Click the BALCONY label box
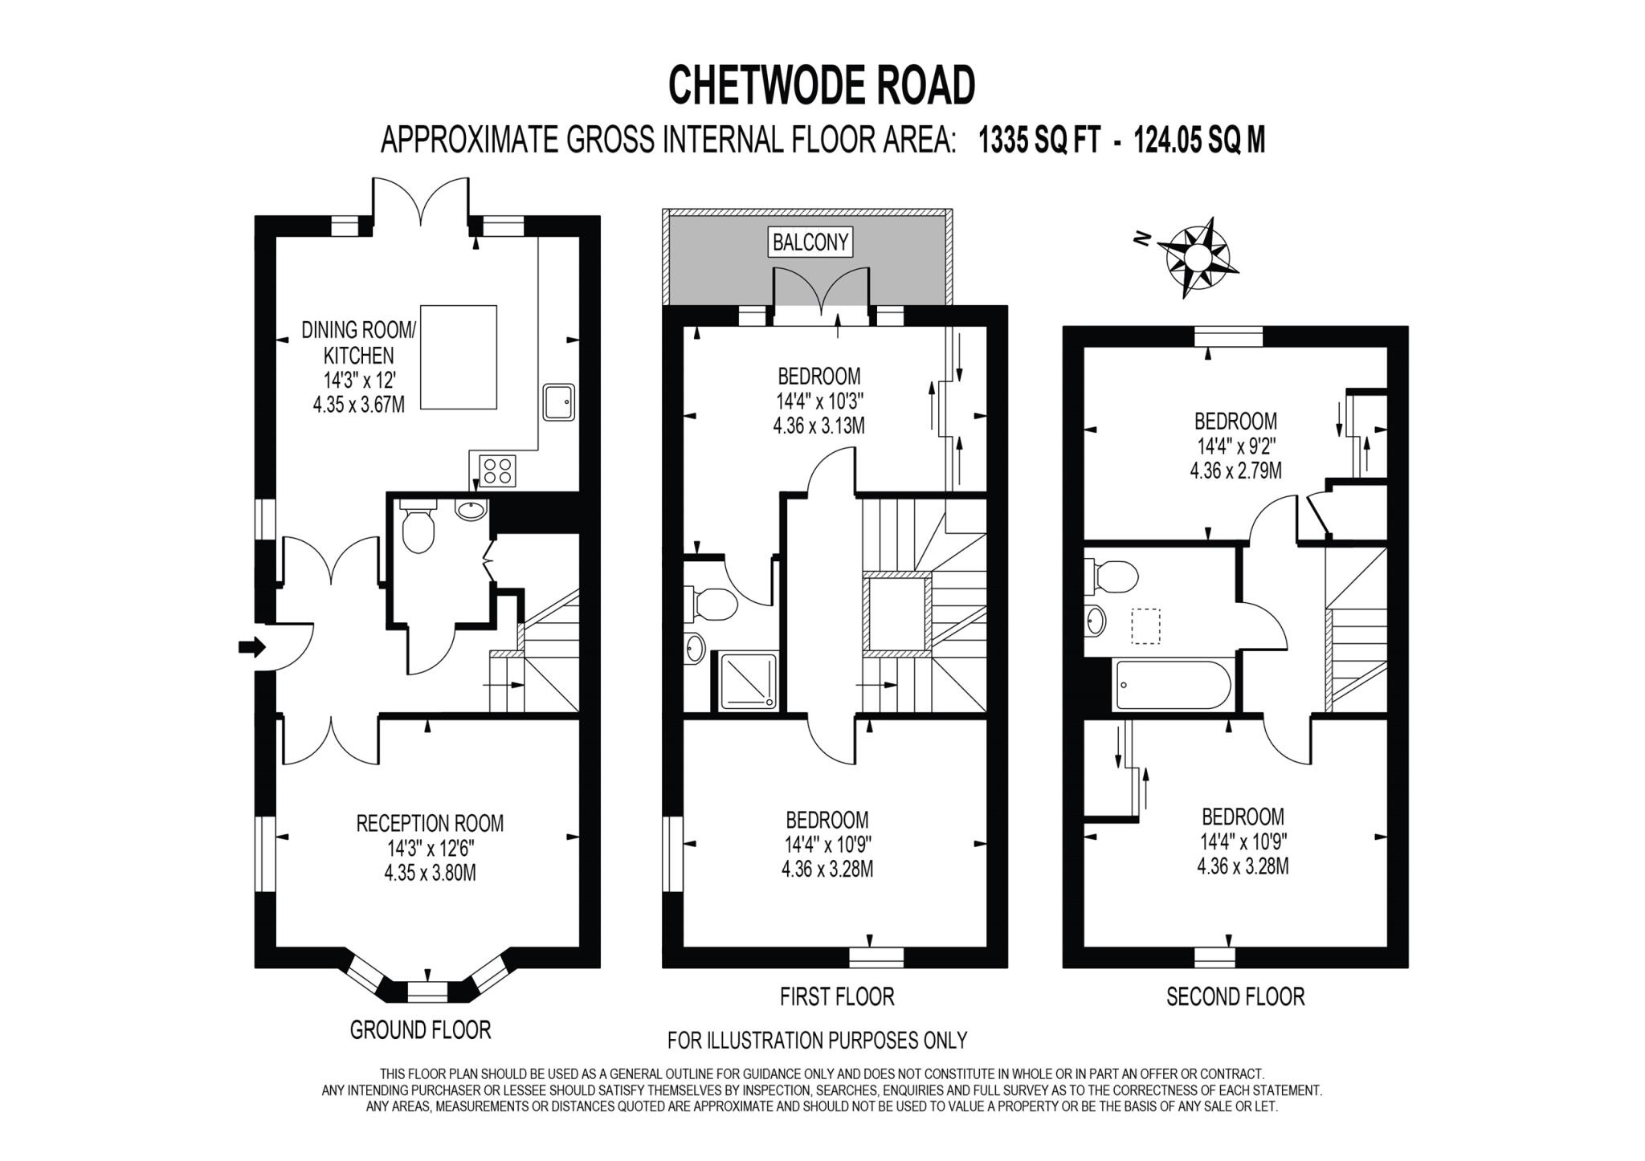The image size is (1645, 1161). [810, 242]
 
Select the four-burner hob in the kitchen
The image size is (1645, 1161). [497, 471]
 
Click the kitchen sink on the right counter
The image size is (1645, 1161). [558, 401]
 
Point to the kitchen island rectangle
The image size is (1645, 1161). [458, 356]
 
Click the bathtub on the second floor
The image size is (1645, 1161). [1172, 685]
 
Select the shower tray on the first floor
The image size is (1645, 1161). [748, 682]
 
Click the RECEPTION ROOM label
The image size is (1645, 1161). [430, 823]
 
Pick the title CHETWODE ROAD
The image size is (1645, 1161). [822, 86]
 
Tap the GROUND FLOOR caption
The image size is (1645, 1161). [420, 1029]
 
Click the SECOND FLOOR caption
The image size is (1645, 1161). [1235, 996]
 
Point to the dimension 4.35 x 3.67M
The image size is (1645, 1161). [358, 404]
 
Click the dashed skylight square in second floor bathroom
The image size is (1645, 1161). [1146, 626]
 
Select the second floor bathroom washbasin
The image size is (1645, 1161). [1095, 621]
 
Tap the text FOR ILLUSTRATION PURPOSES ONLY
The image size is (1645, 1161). [817, 1041]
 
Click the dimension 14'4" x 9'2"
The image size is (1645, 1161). [1235, 446]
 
